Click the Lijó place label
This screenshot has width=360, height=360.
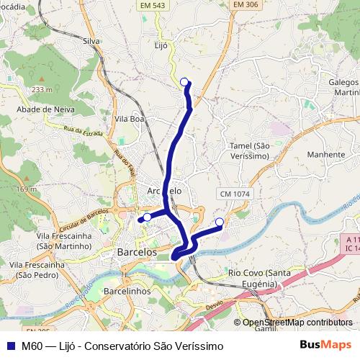click(161, 45)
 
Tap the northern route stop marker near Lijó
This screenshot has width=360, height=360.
click(184, 81)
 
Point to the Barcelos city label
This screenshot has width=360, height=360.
click(137, 253)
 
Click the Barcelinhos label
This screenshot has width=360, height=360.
click(127, 291)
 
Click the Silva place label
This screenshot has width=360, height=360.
click(91, 42)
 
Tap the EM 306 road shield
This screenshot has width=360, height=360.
click(246, 5)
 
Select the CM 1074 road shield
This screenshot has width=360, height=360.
click(234, 194)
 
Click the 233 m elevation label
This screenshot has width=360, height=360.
click(42, 89)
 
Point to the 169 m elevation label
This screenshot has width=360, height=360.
click(27, 189)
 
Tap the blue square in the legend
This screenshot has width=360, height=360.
click(10, 346)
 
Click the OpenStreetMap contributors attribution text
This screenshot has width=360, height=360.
click(297, 323)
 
